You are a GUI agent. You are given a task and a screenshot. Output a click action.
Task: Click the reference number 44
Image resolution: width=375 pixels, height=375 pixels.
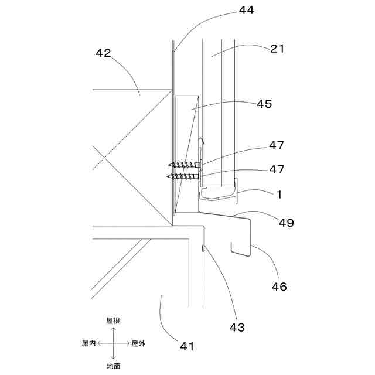pyautogui.click(x=247, y=10)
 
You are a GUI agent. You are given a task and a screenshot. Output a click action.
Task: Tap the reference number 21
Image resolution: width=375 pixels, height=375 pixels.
pyautogui.click(x=277, y=49)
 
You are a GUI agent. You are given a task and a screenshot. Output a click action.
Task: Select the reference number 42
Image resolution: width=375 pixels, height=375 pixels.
pyautogui.click(x=103, y=53)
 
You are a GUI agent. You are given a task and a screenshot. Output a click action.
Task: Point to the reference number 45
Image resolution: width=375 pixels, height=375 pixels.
pyautogui.click(x=264, y=104)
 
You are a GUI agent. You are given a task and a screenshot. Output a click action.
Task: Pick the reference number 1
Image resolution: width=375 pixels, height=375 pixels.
pyautogui.click(x=279, y=193)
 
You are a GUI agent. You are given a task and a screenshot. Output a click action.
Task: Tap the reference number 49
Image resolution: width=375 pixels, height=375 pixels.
pyautogui.click(x=287, y=223)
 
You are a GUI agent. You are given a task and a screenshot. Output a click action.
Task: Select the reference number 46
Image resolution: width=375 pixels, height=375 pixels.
pyautogui.click(x=279, y=287)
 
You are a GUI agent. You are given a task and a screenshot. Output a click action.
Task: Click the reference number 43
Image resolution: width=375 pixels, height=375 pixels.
pyautogui.click(x=237, y=327)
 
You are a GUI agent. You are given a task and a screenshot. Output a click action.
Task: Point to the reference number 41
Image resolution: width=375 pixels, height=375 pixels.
pyautogui.click(x=186, y=346)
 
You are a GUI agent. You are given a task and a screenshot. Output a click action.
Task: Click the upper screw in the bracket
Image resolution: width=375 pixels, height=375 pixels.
pyautogui.click(x=185, y=165)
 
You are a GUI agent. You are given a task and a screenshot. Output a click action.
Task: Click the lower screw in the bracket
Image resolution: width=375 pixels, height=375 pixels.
pyautogui.click(x=185, y=175)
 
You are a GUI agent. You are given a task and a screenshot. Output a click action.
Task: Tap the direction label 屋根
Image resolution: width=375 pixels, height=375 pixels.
pyautogui.click(x=113, y=321)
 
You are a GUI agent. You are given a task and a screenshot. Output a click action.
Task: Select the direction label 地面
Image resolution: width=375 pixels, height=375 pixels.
pyautogui.click(x=113, y=366)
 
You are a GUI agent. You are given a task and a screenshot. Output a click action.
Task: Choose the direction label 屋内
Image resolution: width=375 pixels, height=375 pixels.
pyautogui.click(x=88, y=343)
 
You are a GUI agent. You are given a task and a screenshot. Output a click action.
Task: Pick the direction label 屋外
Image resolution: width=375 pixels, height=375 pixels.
pyautogui.click(x=138, y=343)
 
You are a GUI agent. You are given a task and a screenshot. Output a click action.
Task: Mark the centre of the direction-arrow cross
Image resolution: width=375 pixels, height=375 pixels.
pyautogui.click(x=113, y=343)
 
